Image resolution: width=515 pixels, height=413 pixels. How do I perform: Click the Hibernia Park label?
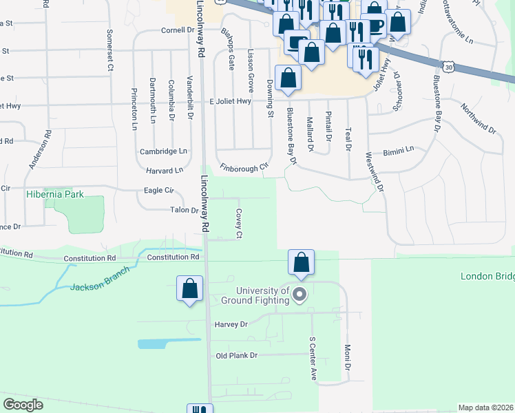[55, 194]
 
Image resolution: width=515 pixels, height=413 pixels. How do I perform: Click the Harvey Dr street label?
[231, 324]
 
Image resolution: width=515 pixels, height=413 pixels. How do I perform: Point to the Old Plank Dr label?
[236, 356]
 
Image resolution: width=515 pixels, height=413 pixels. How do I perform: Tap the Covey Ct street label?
[239, 224]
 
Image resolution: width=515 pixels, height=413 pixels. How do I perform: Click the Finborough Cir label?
[243, 167]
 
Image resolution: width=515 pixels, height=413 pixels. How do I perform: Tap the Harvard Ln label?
[164, 170]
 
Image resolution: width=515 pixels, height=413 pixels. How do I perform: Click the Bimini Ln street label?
[399, 149]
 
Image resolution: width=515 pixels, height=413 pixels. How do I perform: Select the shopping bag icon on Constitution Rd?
[301, 262]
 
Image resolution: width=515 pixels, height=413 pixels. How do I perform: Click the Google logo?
[23, 404]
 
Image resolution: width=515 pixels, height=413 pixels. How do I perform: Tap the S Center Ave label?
[312, 358]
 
